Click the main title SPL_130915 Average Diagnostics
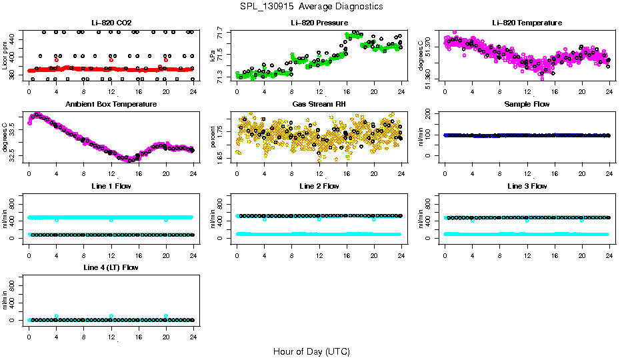click(312, 6)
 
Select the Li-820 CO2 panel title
click(111, 23)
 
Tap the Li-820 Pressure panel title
click(319, 23)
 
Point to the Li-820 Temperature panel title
click(527, 23)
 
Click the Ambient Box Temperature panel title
click(111, 104)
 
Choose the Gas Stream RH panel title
click(319, 104)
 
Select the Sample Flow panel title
click(527, 104)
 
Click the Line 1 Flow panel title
click(111, 186)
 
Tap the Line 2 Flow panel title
click(319, 186)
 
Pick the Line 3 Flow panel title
click(527, 186)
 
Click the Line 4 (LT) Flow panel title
click(111, 267)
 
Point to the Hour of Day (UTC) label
click(311, 351)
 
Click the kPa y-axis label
click(213, 55)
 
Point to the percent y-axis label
click(213, 137)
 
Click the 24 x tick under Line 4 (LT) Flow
click(193, 329)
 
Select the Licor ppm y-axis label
click(5, 55)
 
